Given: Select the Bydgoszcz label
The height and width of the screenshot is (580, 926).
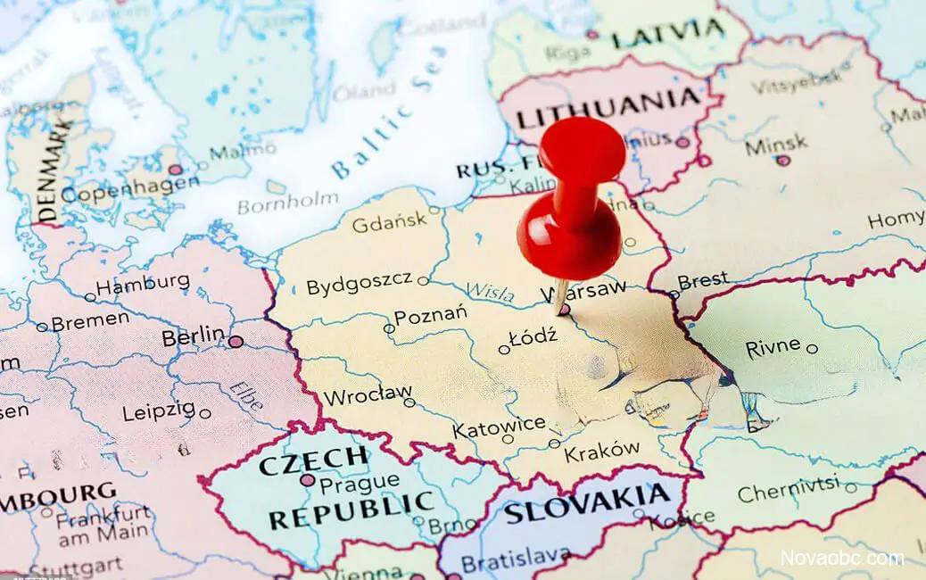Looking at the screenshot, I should [359, 286].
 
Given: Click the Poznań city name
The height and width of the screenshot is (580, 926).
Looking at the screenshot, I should [430, 315].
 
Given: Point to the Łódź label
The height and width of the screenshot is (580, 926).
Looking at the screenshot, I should [533, 336].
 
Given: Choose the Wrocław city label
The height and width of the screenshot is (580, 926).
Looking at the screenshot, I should [368, 395].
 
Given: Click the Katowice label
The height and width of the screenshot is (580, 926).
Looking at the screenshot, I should [499, 426].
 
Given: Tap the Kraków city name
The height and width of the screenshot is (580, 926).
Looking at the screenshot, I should [601, 451].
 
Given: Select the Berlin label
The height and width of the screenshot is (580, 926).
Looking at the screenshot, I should [194, 336].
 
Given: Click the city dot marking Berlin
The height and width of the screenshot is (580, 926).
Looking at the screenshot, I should [236, 341].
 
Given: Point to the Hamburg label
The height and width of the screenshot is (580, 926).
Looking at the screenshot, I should [143, 286].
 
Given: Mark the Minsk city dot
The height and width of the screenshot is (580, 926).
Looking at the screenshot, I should [782, 161].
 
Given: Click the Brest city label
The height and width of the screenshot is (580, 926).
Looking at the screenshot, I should [702, 282].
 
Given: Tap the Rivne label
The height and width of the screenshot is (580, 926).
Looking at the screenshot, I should [773, 347].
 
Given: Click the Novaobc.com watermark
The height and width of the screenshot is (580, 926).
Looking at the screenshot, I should [841, 559].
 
